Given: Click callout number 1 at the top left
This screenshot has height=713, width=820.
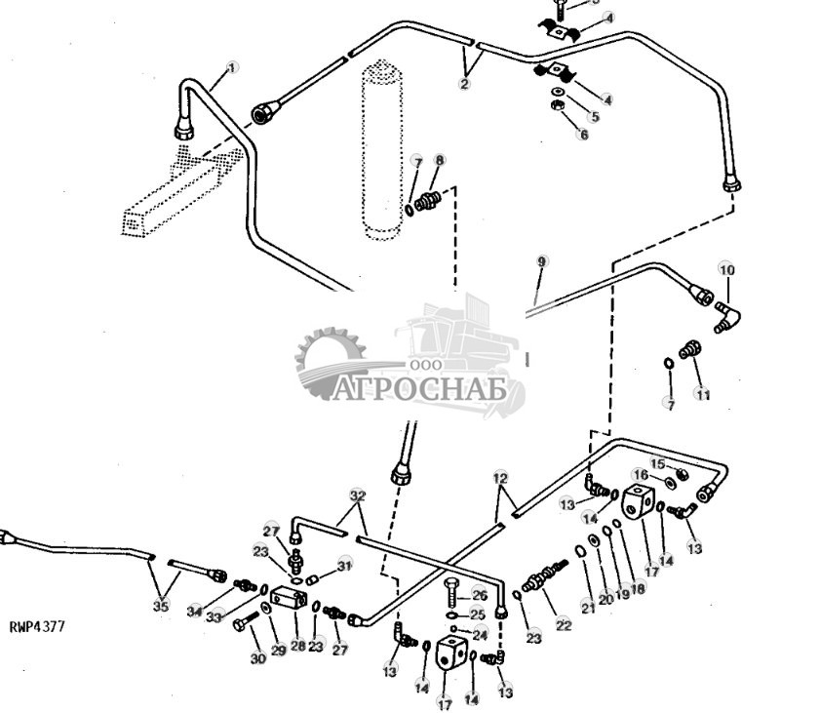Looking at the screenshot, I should pos(232,67).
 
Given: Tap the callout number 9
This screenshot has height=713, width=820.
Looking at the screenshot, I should pos(542,261).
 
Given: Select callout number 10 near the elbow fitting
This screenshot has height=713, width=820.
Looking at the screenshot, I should pos(727,269).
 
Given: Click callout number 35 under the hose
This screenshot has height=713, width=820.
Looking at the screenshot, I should pos(161,607).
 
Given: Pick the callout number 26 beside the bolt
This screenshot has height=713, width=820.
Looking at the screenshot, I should pos(479,595).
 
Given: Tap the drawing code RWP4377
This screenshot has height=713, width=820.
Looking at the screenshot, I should pos(38,627).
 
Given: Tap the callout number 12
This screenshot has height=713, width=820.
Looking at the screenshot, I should pos(500,479).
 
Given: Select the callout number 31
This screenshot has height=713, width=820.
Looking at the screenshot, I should pos(343,565).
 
